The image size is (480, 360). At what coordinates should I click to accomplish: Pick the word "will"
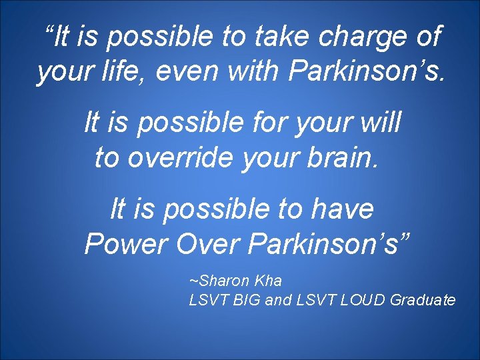[x=379, y=123]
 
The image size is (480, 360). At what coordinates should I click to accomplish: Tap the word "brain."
[x=345, y=157]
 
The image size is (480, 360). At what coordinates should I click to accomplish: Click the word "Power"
[x=126, y=245]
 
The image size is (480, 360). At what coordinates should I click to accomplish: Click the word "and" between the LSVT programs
[x=279, y=299]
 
